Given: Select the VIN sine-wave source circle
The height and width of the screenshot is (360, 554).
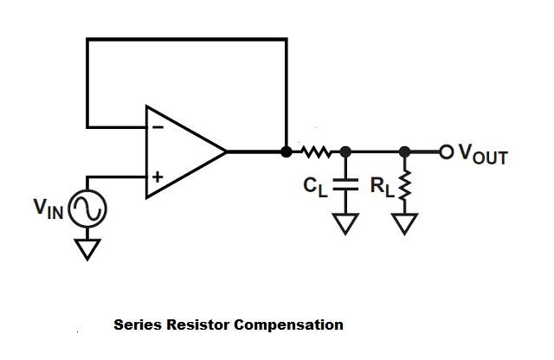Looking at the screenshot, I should (x=87, y=209).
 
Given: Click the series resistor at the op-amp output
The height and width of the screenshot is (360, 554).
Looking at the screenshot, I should (x=315, y=152).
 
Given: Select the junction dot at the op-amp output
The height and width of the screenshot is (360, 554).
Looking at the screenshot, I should (x=287, y=152).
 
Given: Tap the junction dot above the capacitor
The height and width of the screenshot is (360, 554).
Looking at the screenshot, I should (x=345, y=152).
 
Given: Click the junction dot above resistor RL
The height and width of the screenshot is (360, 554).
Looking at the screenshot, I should (x=403, y=152).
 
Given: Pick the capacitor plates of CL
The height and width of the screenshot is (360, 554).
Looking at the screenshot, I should (x=345, y=184).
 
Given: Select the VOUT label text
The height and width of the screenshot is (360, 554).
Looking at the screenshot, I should (x=483, y=156).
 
